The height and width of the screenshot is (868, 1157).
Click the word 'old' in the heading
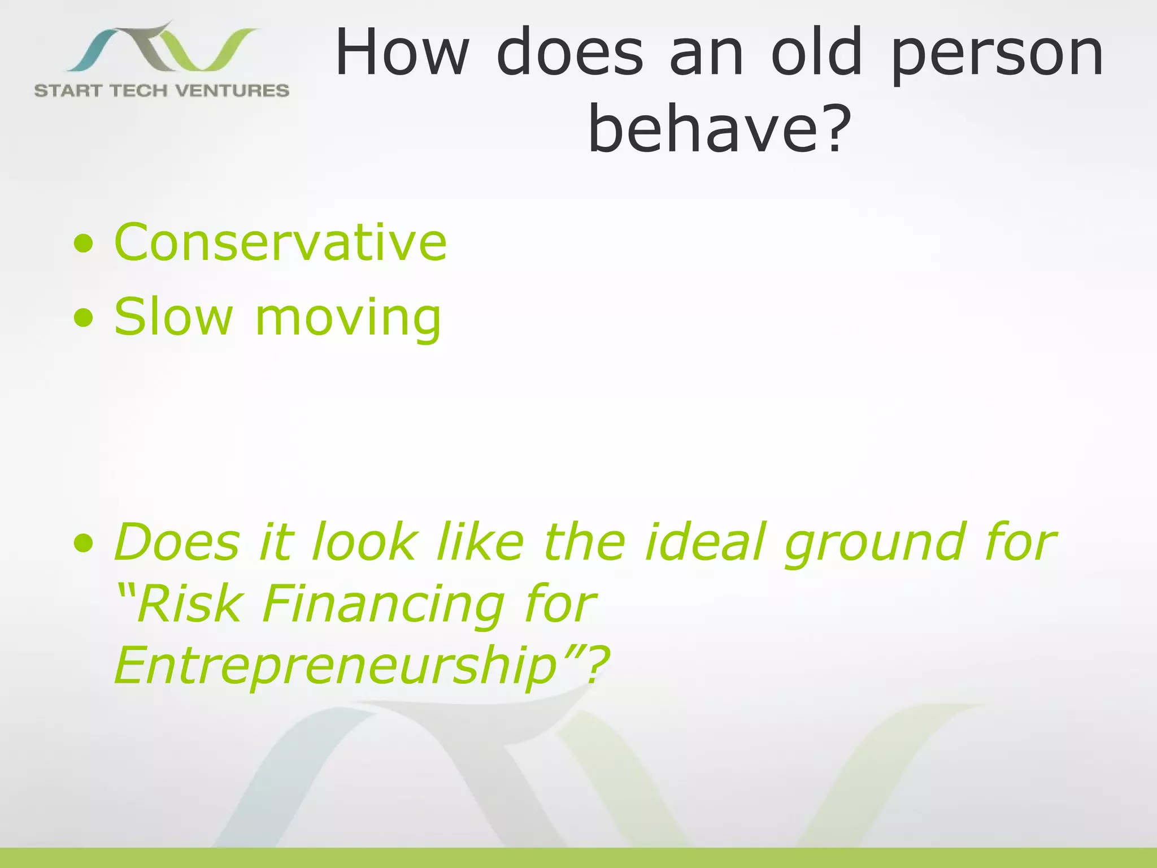point(817,52)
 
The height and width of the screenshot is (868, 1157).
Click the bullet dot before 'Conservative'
point(84,244)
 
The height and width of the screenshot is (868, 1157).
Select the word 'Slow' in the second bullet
point(173,316)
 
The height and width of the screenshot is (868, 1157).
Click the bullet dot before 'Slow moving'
point(84,318)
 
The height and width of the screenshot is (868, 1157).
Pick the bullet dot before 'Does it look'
point(84,543)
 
